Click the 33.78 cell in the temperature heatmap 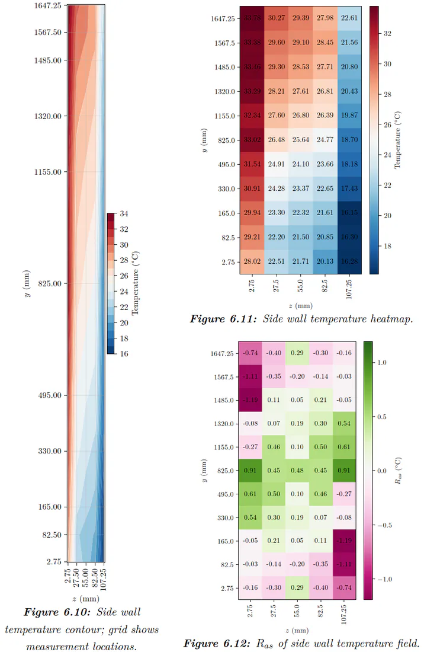point(252,18)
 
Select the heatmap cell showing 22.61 point(349,18)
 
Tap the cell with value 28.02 point(252,261)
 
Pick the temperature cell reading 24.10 point(301,164)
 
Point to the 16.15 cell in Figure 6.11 point(349,213)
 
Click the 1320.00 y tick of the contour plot point(48,116)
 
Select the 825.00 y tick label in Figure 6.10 point(50,283)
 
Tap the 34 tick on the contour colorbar point(124,214)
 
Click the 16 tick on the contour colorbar point(124,354)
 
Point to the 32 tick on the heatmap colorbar point(387,34)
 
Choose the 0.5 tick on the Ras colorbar point(382,417)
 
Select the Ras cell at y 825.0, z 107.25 point(344,470)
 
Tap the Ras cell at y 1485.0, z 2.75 point(250,400)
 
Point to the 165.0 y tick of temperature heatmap point(226,213)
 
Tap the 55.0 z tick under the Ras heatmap point(297,611)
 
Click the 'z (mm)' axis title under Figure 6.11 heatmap point(301,306)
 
